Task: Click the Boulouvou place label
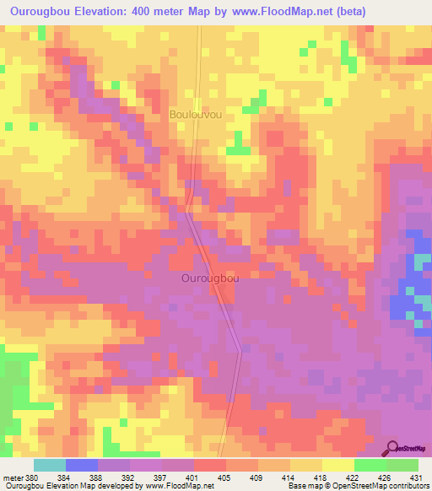(196, 114)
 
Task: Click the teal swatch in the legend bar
(50, 465)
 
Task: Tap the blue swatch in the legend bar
(82, 465)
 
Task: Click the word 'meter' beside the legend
(13, 476)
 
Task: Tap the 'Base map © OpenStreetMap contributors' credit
(358, 486)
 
